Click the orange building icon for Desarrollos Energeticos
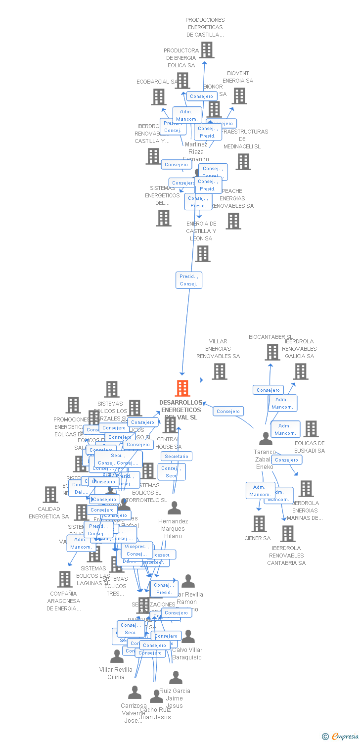coord(182,388)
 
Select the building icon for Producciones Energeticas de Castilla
coord(207,50)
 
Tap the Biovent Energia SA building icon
coord(239,96)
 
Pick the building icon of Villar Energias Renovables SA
coord(220,371)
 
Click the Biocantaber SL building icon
coord(272,352)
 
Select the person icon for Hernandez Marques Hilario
coord(174,508)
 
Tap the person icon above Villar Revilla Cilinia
coord(117,656)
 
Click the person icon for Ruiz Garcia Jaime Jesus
coord(176,678)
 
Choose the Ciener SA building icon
coord(259,524)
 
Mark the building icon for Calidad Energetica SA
coord(50,494)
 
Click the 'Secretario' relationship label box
coord(177,456)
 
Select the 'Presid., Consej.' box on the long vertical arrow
coord(188,280)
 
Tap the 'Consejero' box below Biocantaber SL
coord(269,390)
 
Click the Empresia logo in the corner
coord(340,737)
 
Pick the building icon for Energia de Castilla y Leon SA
coord(203,254)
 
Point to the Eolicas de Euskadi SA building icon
coord(311,429)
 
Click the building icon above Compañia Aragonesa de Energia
coord(65,579)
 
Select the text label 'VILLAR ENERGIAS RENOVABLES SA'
coord(218,349)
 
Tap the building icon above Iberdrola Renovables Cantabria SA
coord(288,534)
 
